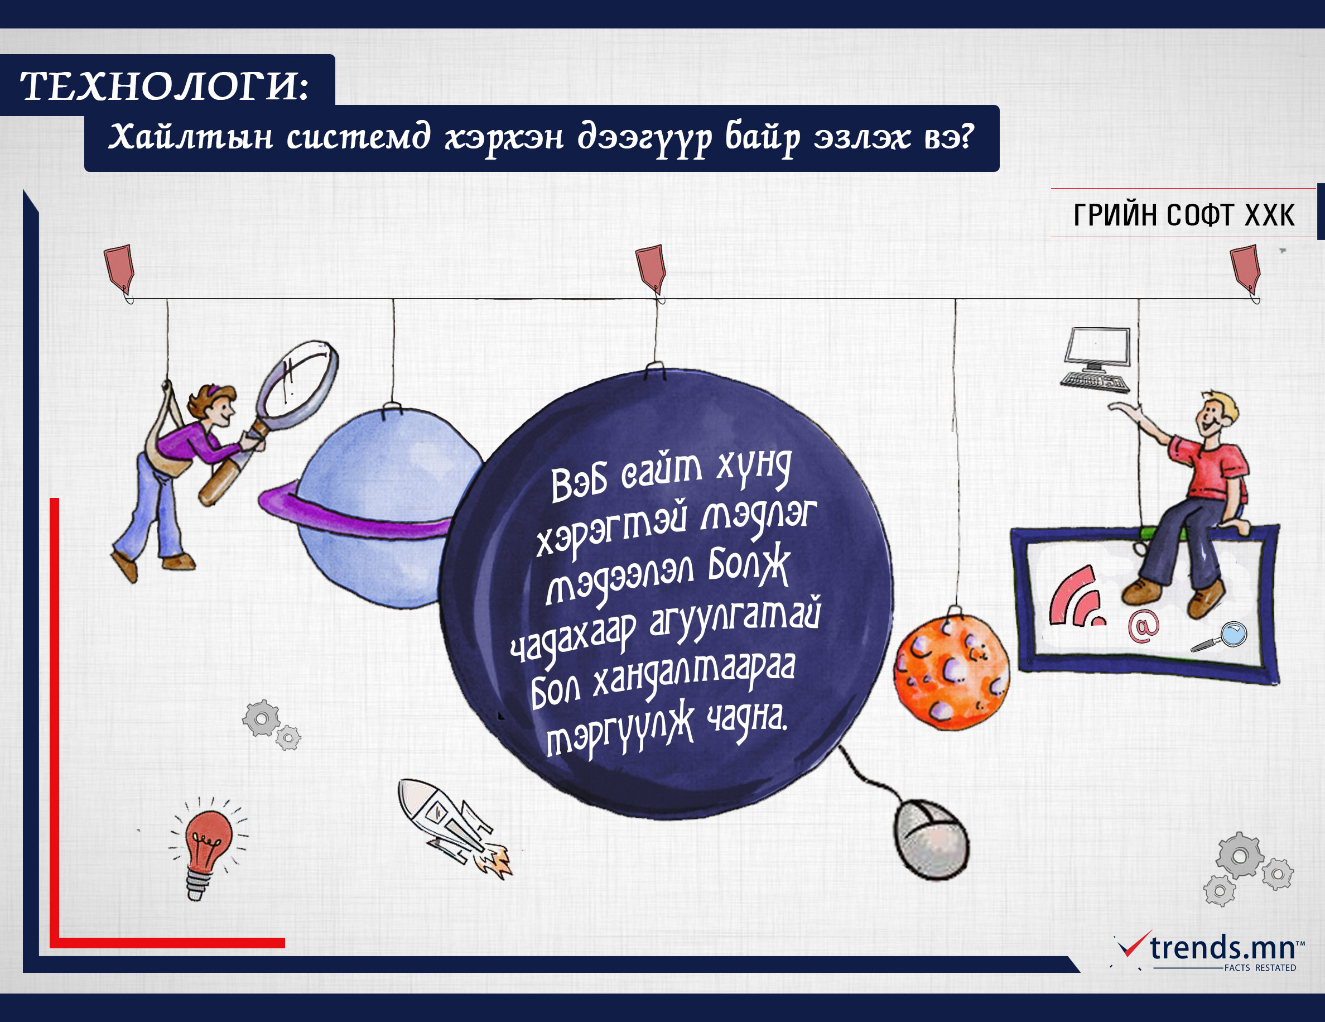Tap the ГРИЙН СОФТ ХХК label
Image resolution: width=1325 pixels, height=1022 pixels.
pyautogui.click(x=1184, y=215)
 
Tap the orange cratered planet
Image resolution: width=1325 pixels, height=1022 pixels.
pyautogui.click(x=951, y=672)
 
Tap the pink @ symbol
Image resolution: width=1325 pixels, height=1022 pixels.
pyautogui.click(x=1143, y=626)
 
